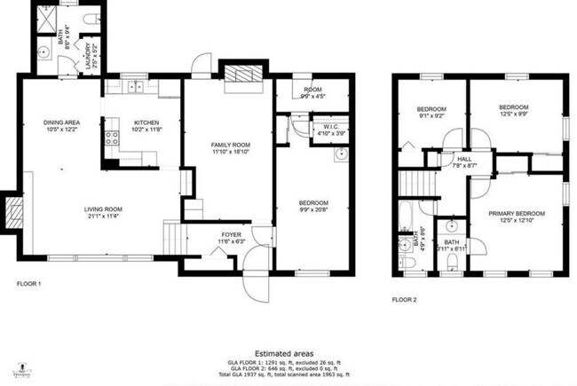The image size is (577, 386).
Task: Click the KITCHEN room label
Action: click(x=147, y=123)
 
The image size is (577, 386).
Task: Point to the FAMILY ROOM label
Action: click(x=229, y=145)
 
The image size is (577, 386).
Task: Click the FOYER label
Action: click(x=231, y=235)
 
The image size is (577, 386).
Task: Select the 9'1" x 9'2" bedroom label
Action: click(x=431, y=114)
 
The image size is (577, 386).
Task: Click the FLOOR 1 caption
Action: click(x=29, y=285)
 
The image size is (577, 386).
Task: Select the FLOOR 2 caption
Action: click(x=405, y=299)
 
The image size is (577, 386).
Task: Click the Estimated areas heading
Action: click(x=288, y=352)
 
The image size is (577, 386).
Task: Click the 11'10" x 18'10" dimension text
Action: click(x=229, y=152)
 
